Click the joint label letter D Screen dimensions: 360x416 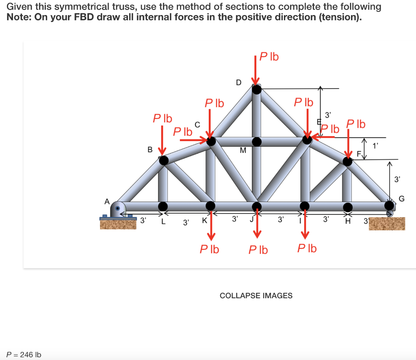(238, 82)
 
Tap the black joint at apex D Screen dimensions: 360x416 (256, 89)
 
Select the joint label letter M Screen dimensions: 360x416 (243, 150)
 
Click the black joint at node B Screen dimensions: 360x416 (163, 160)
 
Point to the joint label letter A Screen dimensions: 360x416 (107, 201)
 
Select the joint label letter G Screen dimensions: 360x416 (402, 199)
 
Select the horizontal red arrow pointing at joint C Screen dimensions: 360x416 (193, 140)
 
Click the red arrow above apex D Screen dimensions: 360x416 (256, 71)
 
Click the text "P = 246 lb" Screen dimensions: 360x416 (24, 355)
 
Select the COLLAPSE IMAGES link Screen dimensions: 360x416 (256, 296)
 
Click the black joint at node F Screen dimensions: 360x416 (348, 161)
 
